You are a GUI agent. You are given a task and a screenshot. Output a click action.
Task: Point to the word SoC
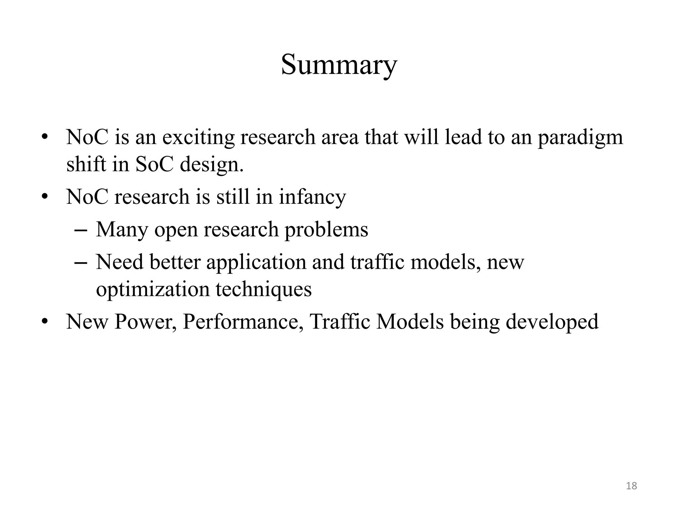point(154,164)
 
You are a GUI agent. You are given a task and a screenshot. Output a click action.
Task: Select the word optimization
point(153,289)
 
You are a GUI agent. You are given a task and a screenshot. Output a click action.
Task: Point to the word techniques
point(264,289)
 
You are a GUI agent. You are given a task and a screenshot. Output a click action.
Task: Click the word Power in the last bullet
point(145,321)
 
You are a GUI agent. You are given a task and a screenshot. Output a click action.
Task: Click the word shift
point(86,164)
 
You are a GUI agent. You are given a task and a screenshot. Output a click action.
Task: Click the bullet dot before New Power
point(45,321)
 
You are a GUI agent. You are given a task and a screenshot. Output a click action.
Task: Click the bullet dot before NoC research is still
point(45,197)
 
